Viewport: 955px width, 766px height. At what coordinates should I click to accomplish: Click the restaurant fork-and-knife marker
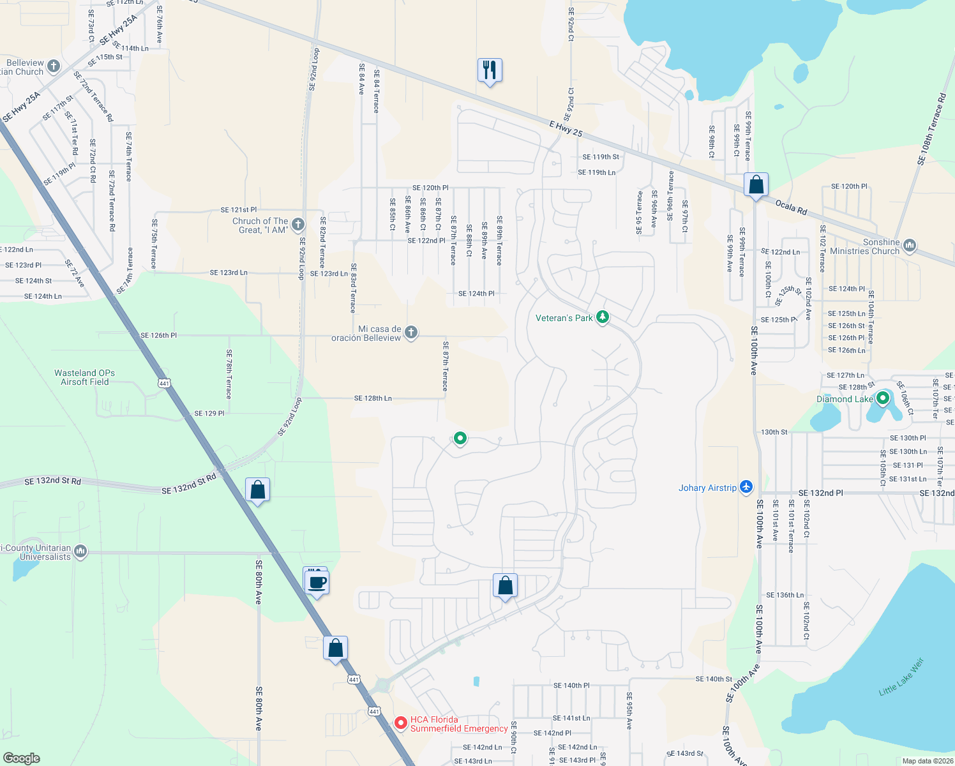pyautogui.click(x=490, y=70)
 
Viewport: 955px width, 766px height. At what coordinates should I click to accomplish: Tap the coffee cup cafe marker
pyautogui.click(x=317, y=582)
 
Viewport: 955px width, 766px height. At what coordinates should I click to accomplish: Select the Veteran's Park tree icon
pyautogui.click(x=602, y=317)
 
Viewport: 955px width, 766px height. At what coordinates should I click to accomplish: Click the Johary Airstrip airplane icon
pyautogui.click(x=746, y=488)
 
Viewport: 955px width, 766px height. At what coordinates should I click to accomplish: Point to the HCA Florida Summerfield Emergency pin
pyautogui.click(x=401, y=723)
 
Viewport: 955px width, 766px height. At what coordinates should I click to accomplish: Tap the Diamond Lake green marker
pyautogui.click(x=883, y=399)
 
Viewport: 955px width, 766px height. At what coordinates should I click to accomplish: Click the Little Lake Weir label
pyautogui.click(x=901, y=677)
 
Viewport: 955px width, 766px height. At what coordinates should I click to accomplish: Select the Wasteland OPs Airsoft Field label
pyautogui.click(x=85, y=377)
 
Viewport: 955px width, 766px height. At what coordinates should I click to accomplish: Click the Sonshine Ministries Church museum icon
pyautogui.click(x=910, y=245)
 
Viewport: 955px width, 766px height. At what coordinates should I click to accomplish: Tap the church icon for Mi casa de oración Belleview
pyautogui.click(x=411, y=332)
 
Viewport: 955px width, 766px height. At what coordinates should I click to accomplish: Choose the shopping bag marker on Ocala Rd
pyautogui.click(x=756, y=185)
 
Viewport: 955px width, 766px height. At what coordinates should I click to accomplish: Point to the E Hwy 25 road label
pyautogui.click(x=566, y=128)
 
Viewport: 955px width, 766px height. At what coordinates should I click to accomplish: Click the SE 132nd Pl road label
pyautogui.click(x=820, y=493)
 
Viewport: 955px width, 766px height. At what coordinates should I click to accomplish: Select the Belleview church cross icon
pyautogui.click(x=54, y=66)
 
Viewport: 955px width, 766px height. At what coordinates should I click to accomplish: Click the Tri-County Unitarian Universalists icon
pyautogui.click(x=80, y=551)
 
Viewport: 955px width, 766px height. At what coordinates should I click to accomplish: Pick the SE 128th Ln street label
pyautogui.click(x=373, y=398)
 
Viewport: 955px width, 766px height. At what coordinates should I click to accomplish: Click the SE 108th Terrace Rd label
pyautogui.click(x=932, y=129)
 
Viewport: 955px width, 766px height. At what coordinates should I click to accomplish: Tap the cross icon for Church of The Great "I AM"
pyautogui.click(x=297, y=224)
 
